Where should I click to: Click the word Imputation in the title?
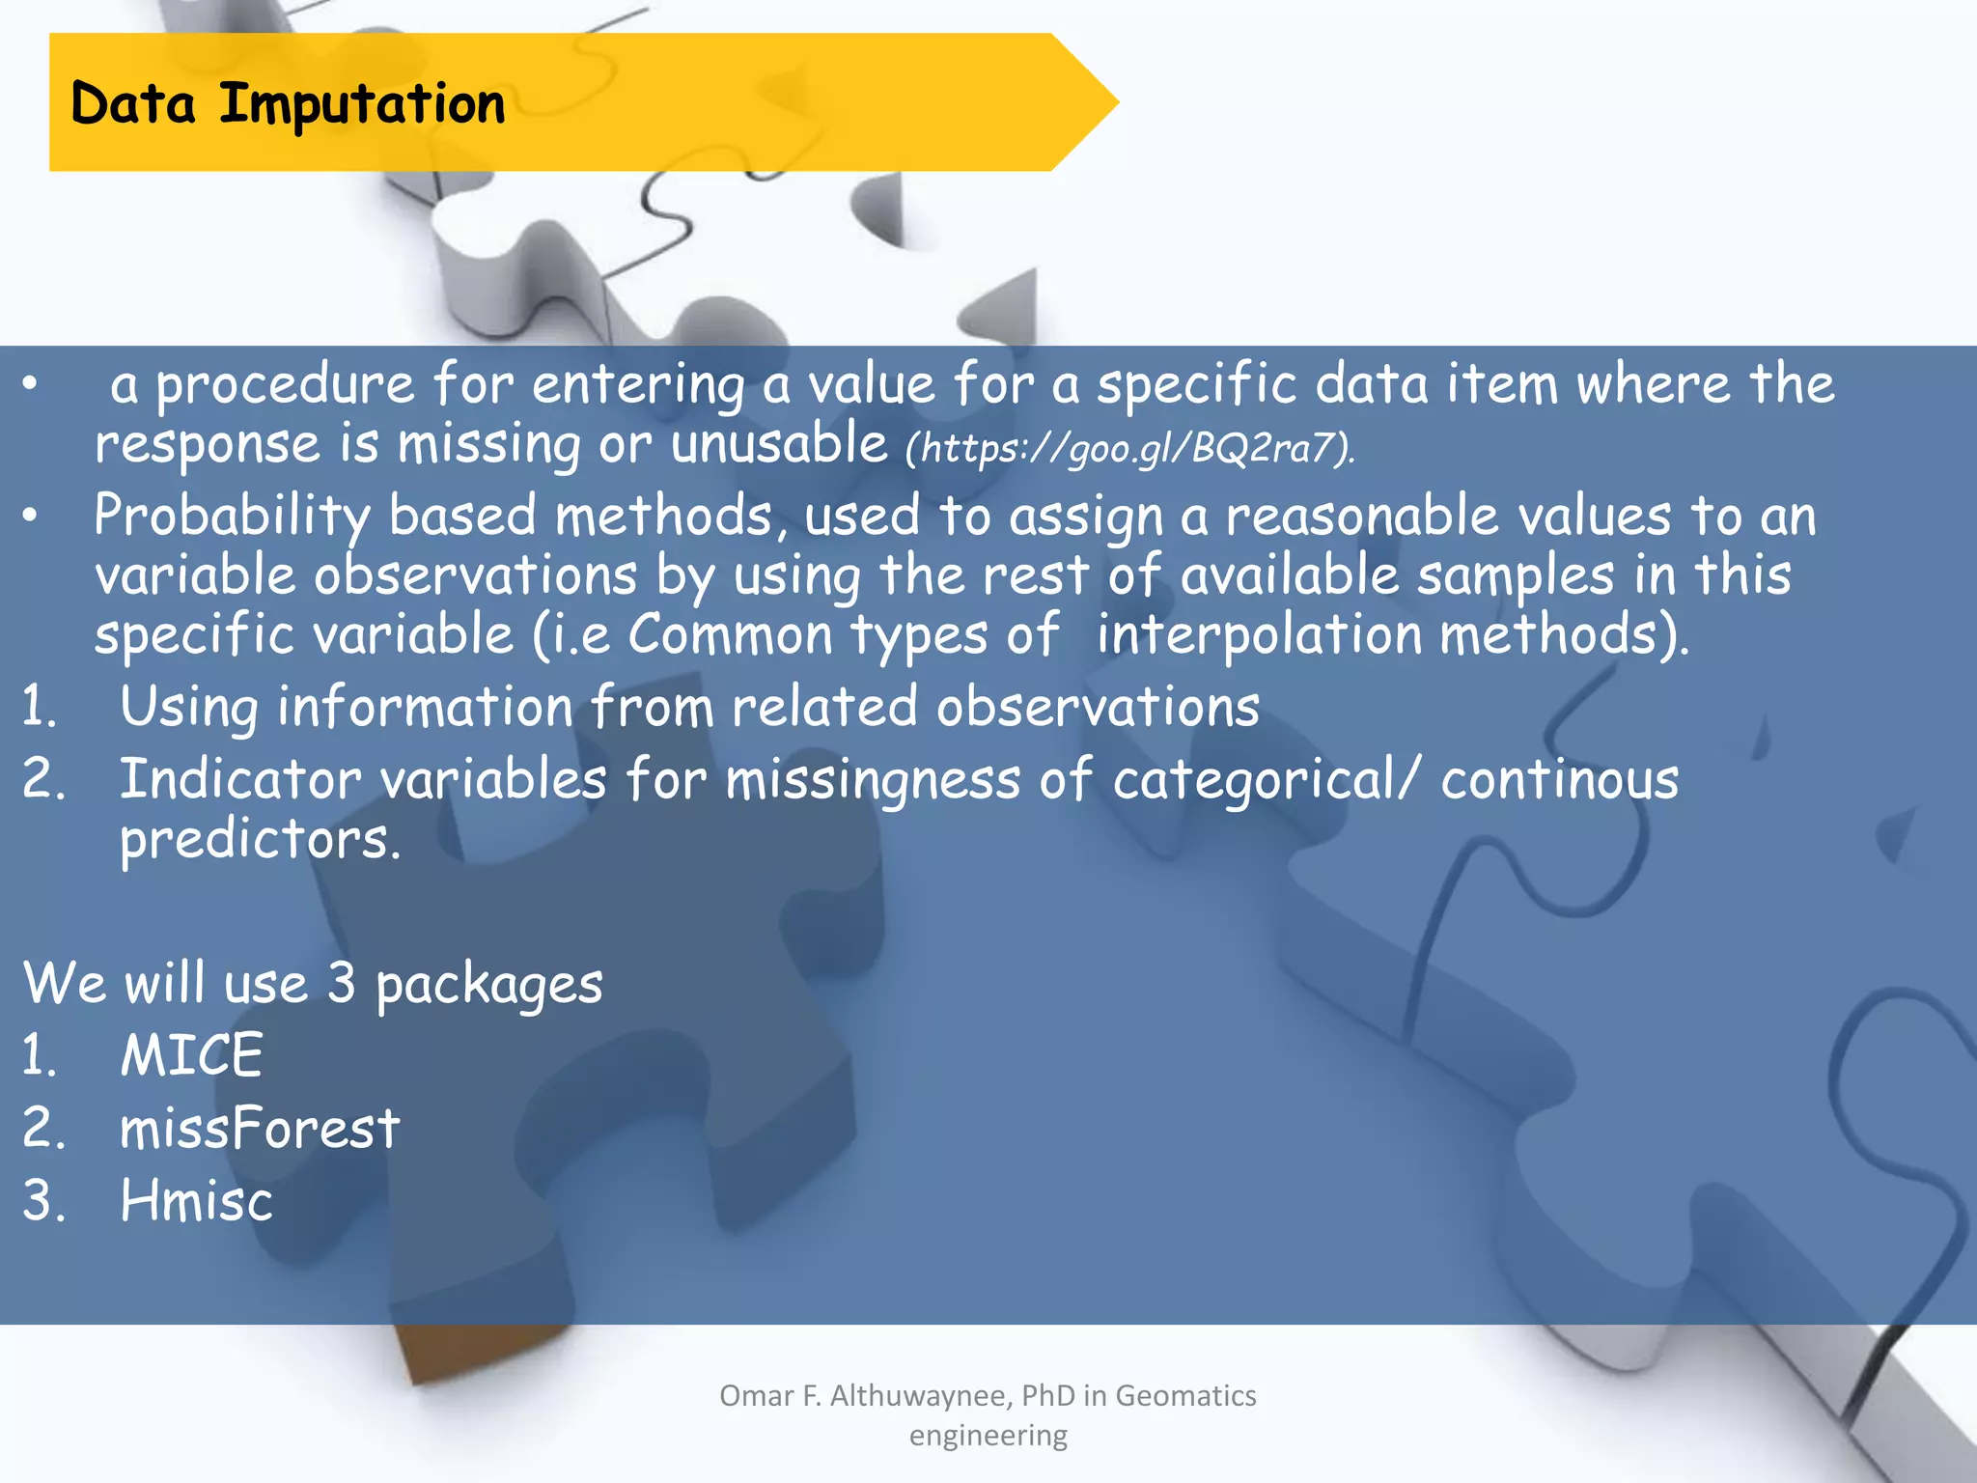[x=362, y=104]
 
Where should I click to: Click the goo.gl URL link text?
[x=1129, y=448]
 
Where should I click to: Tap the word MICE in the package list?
[x=191, y=1054]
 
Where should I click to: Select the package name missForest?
[x=259, y=1128]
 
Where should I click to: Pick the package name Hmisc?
[x=197, y=1200]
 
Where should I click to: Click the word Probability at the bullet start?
[x=231, y=517]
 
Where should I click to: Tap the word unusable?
[x=778, y=445]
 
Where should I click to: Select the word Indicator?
[x=240, y=779]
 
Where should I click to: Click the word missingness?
[x=873, y=781]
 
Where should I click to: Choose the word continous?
[x=1559, y=779]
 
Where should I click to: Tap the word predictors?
[x=259, y=840]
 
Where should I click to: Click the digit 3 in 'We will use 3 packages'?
[x=341, y=983]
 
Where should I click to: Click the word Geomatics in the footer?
[x=1185, y=1395]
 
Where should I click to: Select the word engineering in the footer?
[x=988, y=1436]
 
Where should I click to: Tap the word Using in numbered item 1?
[x=189, y=708]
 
